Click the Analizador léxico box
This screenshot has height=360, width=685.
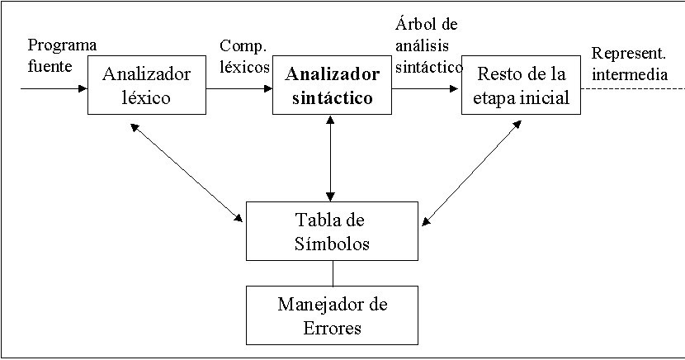click(x=147, y=86)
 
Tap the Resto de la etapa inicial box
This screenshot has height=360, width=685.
click(x=520, y=86)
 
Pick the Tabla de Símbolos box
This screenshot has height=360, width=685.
click(x=332, y=232)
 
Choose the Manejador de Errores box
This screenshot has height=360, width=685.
click(x=332, y=315)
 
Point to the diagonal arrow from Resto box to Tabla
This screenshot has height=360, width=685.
click(x=473, y=172)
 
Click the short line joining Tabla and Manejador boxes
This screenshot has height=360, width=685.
click(x=332, y=273)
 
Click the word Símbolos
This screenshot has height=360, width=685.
click(x=332, y=244)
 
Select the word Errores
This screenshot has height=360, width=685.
click(x=332, y=328)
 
